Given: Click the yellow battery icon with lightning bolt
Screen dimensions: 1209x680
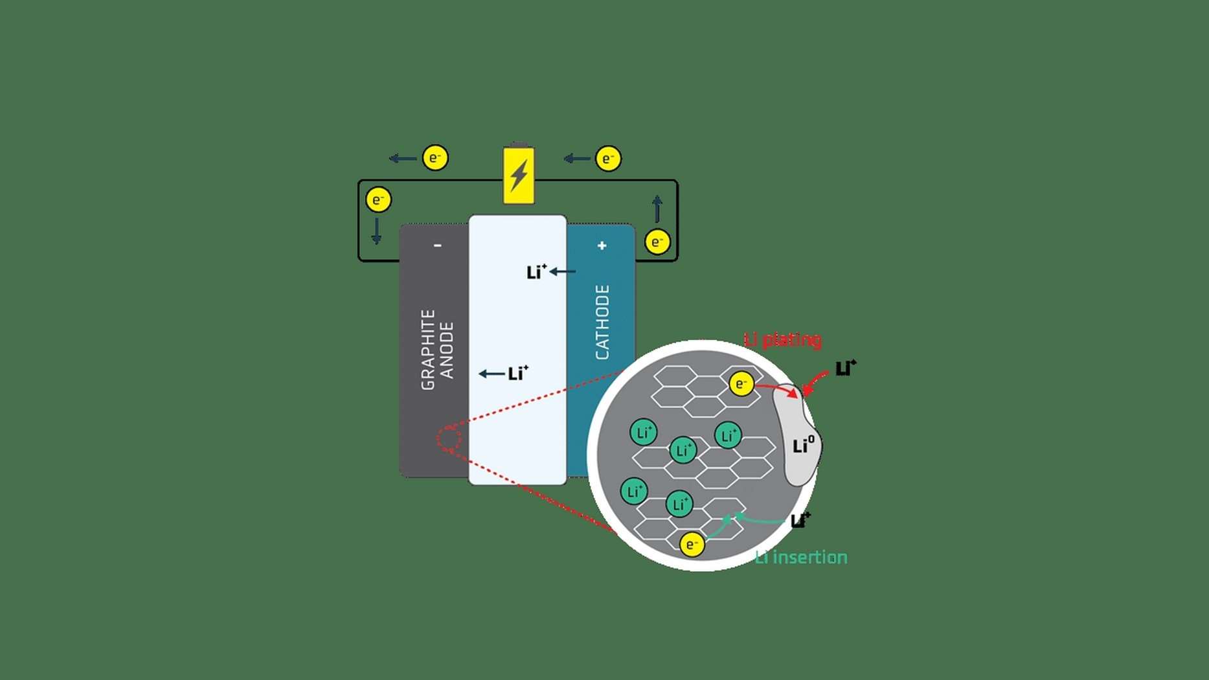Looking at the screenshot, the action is pyautogui.click(x=519, y=174).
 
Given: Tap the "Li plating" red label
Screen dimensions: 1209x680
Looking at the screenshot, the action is pyautogui.click(x=782, y=339).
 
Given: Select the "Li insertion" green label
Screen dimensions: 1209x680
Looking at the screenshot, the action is pyautogui.click(x=801, y=557).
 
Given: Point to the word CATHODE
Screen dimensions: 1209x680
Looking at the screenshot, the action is pyautogui.click(x=602, y=322).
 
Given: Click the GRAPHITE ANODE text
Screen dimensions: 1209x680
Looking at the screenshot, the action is pyautogui.click(x=438, y=349).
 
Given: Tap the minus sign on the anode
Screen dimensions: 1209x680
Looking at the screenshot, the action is pyautogui.click(x=438, y=245).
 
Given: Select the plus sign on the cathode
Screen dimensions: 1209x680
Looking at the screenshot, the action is pyautogui.click(x=602, y=245).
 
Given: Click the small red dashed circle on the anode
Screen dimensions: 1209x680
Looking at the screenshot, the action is pyautogui.click(x=449, y=439).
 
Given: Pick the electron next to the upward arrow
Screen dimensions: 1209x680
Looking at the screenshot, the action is pyautogui.click(x=657, y=242).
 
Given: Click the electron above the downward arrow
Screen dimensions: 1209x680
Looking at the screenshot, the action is pyautogui.click(x=378, y=199).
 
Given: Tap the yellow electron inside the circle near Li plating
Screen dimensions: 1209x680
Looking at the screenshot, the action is pyautogui.click(x=741, y=383).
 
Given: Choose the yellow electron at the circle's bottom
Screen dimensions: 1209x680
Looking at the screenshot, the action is pyautogui.click(x=692, y=544).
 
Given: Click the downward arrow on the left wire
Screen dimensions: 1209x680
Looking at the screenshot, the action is pyautogui.click(x=376, y=231).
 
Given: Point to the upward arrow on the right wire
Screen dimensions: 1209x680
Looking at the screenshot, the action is pyautogui.click(x=657, y=209).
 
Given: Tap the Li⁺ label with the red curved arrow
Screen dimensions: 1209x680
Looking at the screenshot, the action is pyautogui.click(x=846, y=368).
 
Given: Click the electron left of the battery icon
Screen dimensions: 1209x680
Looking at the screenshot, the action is pyautogui.click(x=435, y=157).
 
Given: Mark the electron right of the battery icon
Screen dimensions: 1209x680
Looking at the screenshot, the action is pyautogui.click(x=608, y=159).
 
